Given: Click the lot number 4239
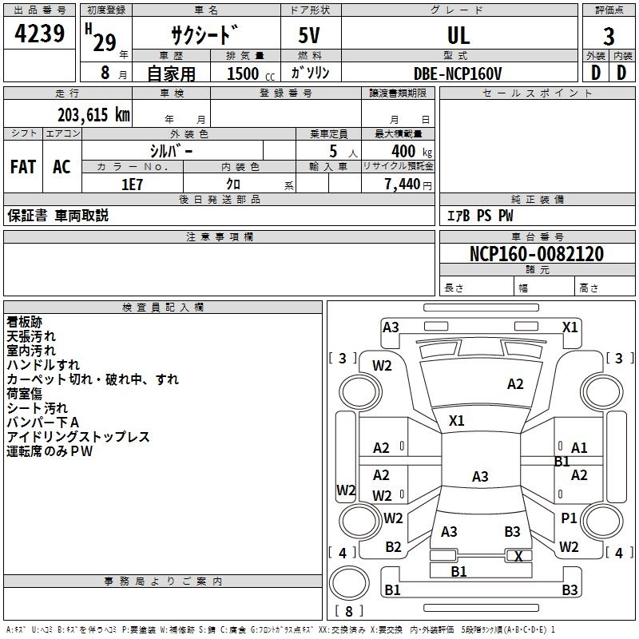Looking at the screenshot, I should click(x=40, y=33).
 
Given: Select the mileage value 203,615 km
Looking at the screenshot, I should click(x=93, y=114).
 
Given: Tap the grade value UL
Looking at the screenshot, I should click(x=458, y=35).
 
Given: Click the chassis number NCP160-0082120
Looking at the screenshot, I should click(x=536, y=254).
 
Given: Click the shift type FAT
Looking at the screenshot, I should click(x=22, y=167).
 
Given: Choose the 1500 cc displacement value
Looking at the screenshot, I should click(x=241, y=73).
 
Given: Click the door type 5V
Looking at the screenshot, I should click(x=311, y=36).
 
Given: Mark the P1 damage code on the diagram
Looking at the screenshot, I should click(x=569, y=518).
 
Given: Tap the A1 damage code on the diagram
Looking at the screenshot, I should click(x=579, y=448).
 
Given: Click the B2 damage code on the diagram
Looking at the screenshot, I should click(x=393, y=547).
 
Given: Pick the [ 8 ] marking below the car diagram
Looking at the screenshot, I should click(x=349, y=611).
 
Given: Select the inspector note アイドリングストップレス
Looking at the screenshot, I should click(x=78, y=437).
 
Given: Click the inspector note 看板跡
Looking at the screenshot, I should click(x=25, y=322).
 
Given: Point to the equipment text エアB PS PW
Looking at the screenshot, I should click(x=479, y=216).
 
